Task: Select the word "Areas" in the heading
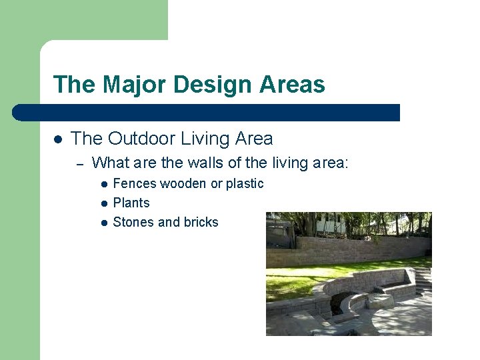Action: pos(293,85)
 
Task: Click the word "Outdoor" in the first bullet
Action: pos(137,139)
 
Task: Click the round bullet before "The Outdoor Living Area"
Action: pos(57,139)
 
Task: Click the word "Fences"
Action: pos(135,183)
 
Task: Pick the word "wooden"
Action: pos(183,183)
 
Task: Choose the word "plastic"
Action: pos(245,183)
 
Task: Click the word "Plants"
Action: pos(131,203)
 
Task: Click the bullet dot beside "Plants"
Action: pos(104,203)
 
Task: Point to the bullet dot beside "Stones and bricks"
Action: pos(104,223)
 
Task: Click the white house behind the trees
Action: pos(329,223)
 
